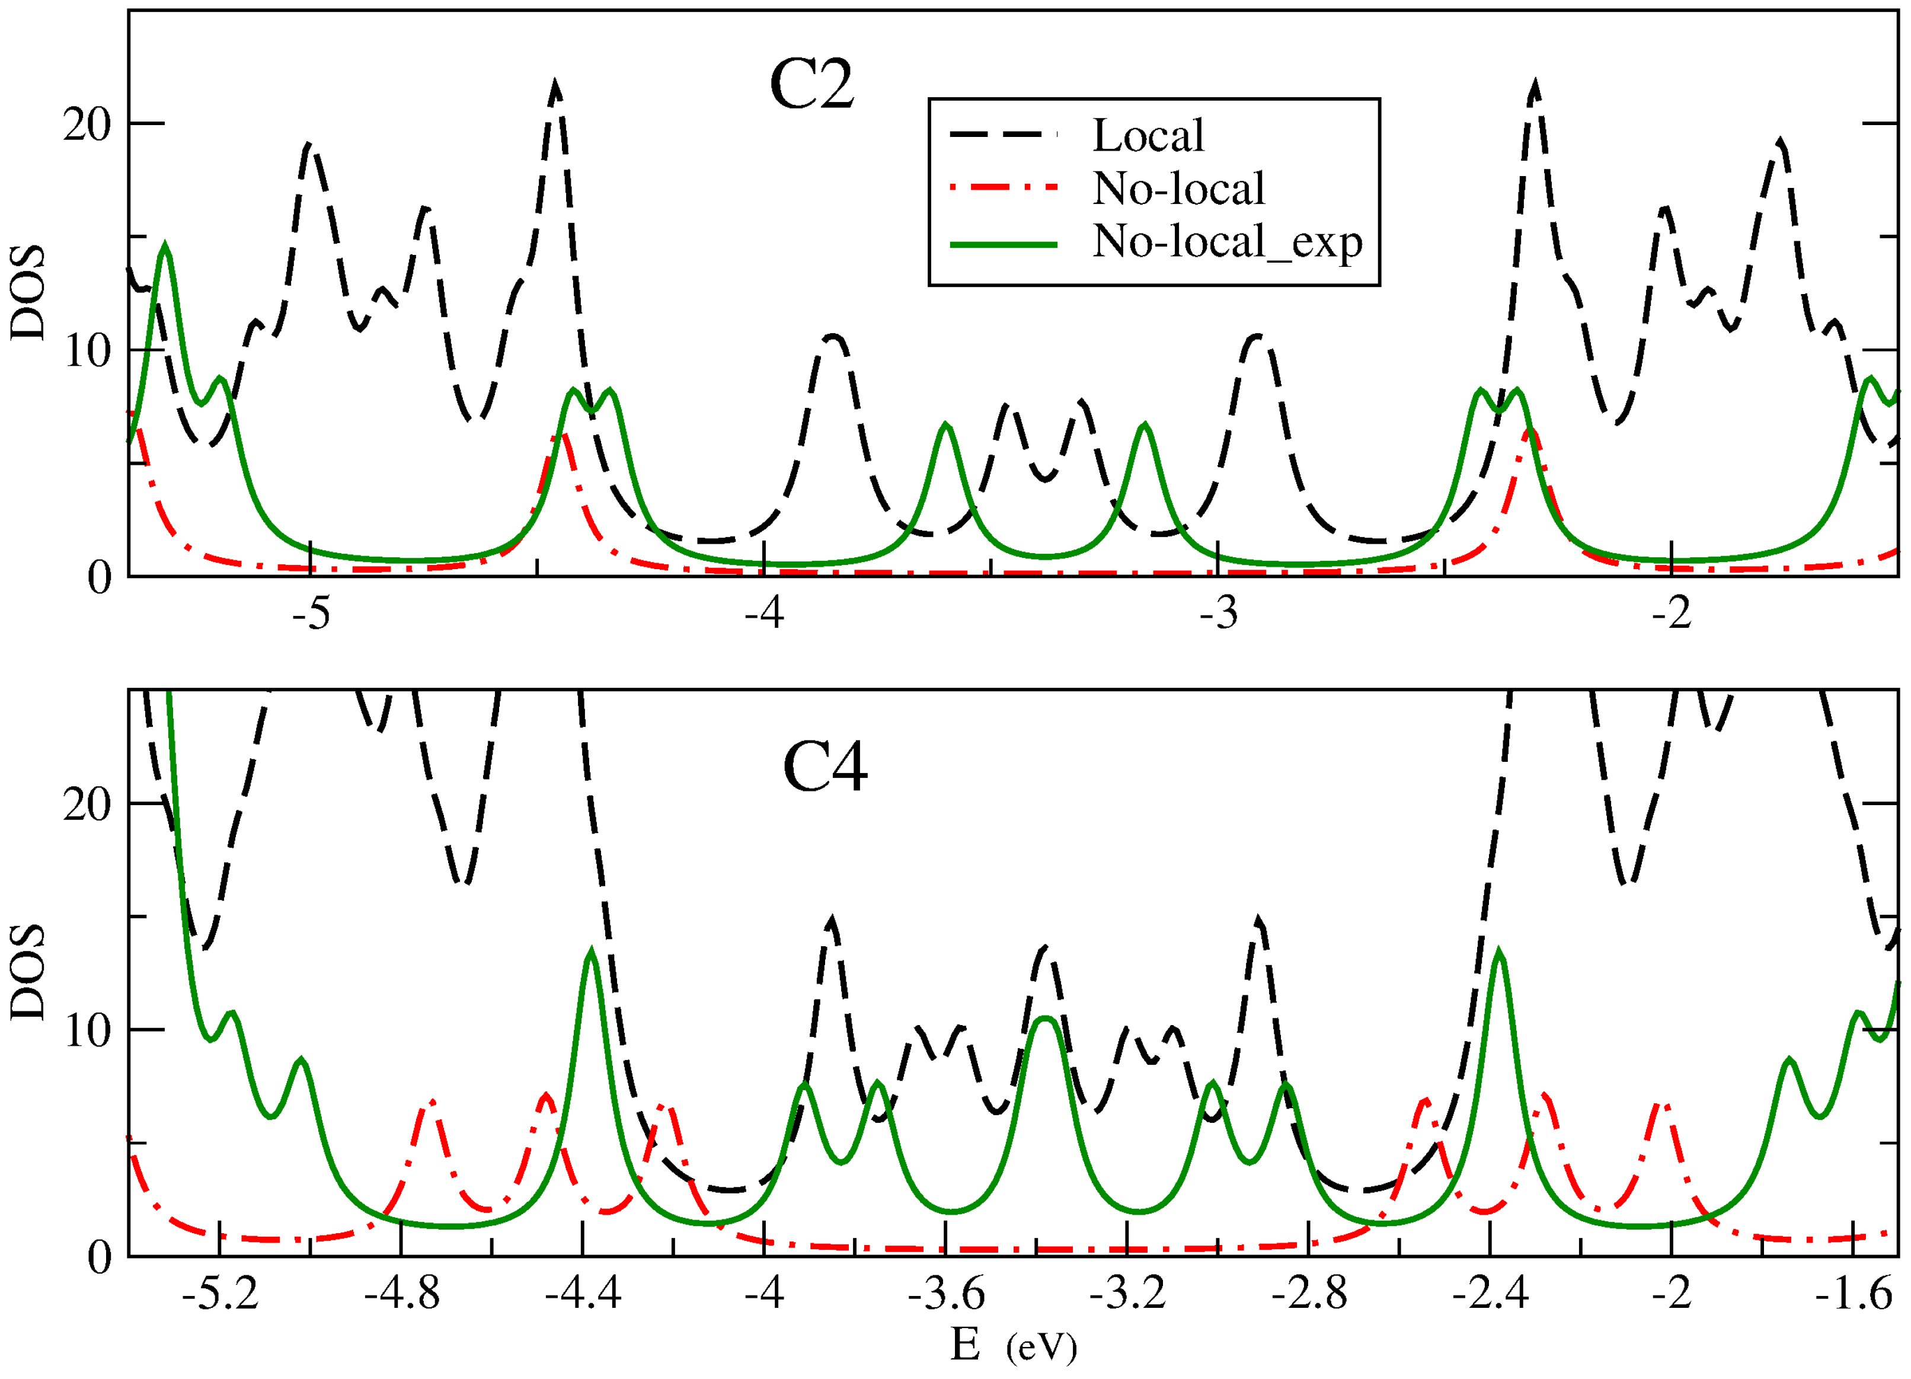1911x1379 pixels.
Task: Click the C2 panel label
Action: pyautogui.click(x=811, y=85)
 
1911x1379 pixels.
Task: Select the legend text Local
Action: pyautogui.click(x=1148, y=136)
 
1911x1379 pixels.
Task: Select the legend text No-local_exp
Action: pyautogui.click(x=1227, y=242)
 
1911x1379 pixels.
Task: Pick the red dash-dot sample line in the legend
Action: pyautogui.click(x=1003, y=188)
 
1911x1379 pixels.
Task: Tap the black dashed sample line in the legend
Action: pyautogui.click(x=1003, y=135)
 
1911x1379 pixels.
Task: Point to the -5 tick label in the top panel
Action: pyautogui.click(x=311, y=614)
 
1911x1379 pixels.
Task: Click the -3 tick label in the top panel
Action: pyautogui.click(x=1219, y=614)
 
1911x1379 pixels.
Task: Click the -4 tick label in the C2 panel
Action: pyautogui.click(x=764, y=614)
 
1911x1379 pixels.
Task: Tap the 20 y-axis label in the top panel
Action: pyautogui.click(x=87, y=125)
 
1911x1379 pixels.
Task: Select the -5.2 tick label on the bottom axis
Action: pyautogui.click(x=220, y=1294)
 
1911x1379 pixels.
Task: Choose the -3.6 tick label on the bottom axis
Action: pyautogui.click(x=945, y=1294)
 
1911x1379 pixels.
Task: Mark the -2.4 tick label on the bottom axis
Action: pyautogui.click(x=1491, y=1294)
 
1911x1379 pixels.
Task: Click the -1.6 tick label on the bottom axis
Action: pyautogui.click(x=1853, y=1294)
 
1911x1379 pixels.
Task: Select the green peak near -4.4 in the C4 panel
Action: pyautogui.click(x=592, y=953)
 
